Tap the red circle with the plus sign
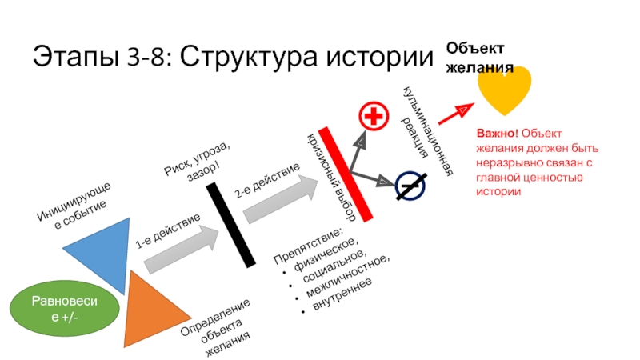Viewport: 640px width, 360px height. (372, 116)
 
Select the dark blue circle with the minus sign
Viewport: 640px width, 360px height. (410, 186)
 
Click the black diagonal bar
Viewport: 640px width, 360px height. (230, 226)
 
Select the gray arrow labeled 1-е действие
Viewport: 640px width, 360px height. (181, 247)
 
